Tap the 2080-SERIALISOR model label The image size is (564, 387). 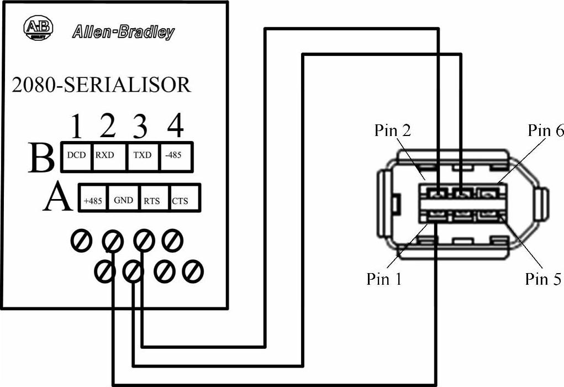point(101,85)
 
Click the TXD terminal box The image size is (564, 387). point(142,155)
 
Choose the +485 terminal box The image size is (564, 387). point(93,201)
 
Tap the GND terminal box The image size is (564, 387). point(124,200)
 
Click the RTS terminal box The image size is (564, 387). point(152,201)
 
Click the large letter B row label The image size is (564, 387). point(41,158)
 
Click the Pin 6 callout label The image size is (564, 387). point(545,131)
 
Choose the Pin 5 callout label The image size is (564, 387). point(543,279)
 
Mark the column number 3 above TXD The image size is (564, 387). point(141,127)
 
